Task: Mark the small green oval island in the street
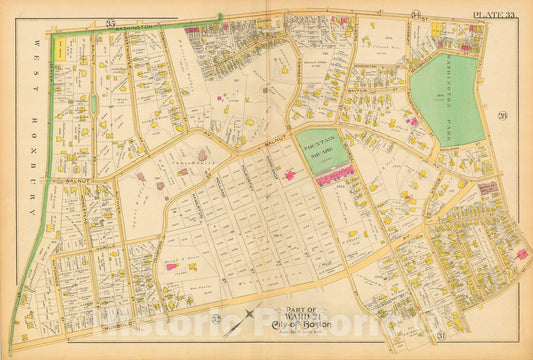93,104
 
